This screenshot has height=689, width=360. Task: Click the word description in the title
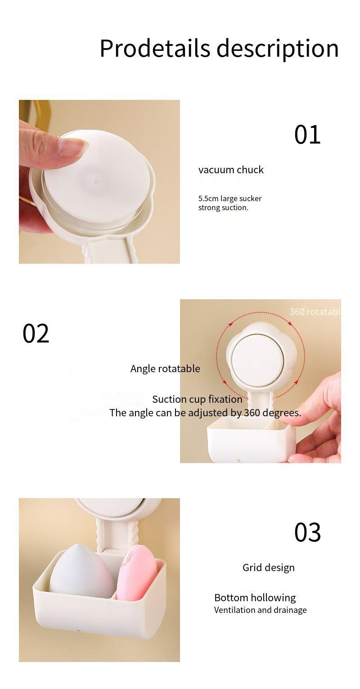tap(278, 48)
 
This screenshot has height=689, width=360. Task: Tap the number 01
tap(307, 135)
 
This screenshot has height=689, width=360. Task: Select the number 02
tap(36, 334)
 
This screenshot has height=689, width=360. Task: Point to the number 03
tap(307, 532)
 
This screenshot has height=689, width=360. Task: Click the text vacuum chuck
tap(231, 170)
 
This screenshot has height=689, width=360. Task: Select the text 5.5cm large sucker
tap(230, 198)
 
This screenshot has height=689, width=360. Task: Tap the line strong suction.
tap(223, 207)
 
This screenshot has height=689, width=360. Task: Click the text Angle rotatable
tap(165, 369)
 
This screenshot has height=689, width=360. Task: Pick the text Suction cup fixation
tap(197, 399)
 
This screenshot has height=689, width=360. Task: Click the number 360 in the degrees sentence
tap(252, 413)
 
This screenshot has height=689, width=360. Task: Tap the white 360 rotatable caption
tap(315, 311)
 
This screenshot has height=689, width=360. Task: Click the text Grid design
tap(269, 567)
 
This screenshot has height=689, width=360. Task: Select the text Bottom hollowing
tap(255, 598)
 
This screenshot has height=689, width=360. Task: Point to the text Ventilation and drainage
tap(260, 610)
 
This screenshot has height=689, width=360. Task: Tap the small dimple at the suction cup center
tap(95, 182)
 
